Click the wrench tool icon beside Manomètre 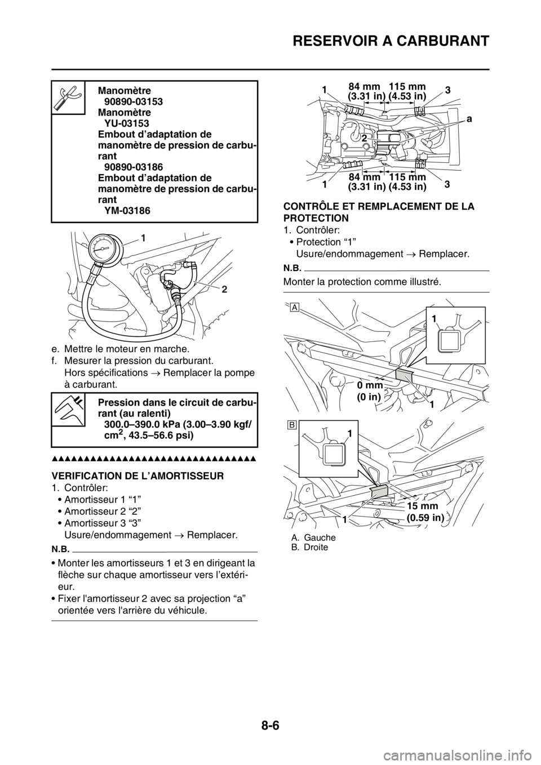(68, 97)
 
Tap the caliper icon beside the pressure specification (69, 409)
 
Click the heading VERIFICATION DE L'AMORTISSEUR (138, 476)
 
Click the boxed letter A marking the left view (294, 307)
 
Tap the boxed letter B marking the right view (294, 424)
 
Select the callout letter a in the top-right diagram (469, 118)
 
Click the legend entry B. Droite (310, 548)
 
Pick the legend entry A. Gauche (313, 537)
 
